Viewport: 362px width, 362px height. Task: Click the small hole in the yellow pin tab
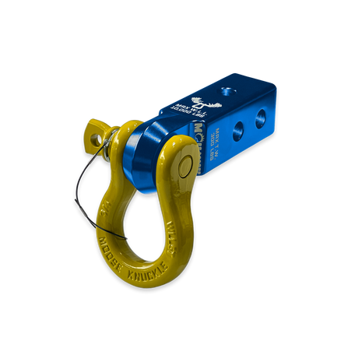[x=96, y=139]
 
